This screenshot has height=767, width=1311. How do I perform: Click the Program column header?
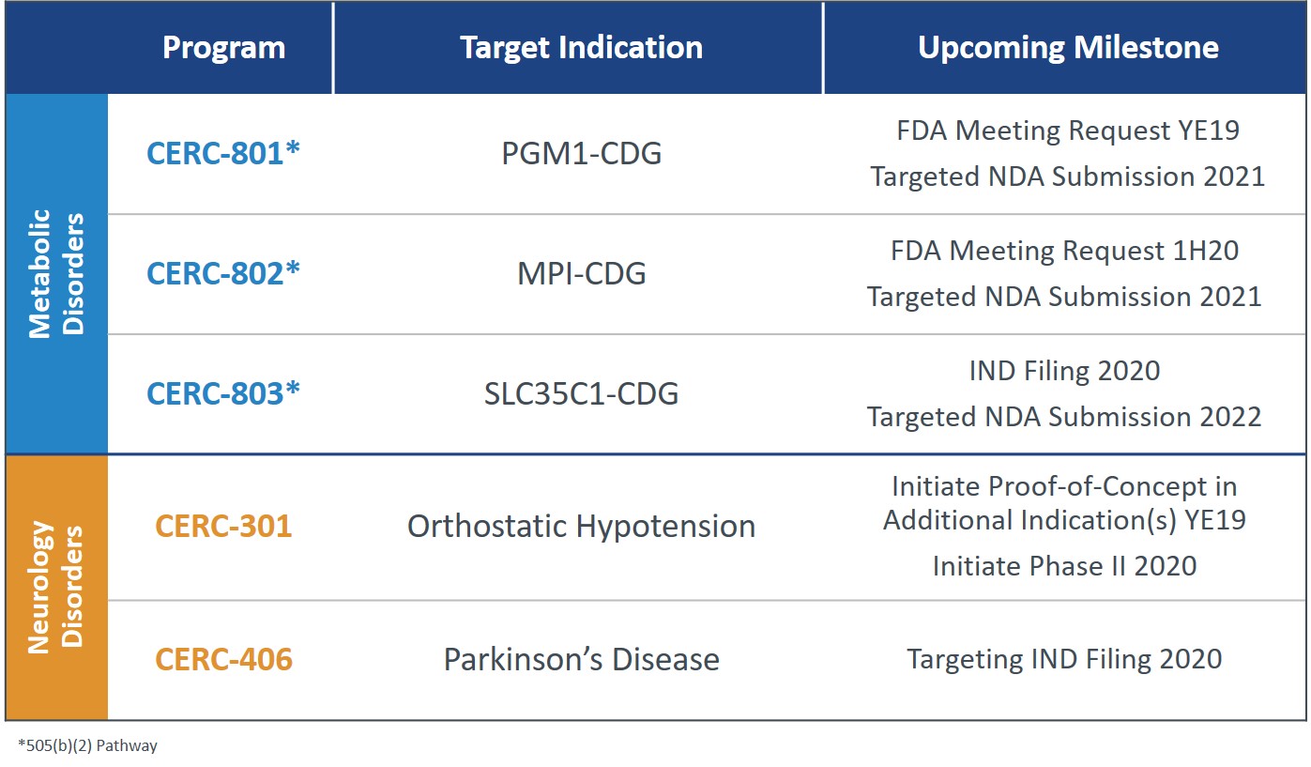[x=223, y=48]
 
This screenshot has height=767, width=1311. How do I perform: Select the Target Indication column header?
[x=581, y=48]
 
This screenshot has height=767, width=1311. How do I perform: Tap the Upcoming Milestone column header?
[x=1068, y=48]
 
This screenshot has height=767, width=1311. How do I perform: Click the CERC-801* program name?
[x=223, y=153]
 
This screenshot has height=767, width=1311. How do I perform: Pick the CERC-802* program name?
[x=223, y=273]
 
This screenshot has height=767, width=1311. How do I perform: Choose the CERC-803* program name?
[x=223, y=393]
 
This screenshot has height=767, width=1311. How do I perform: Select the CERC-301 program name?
[x=223, y=526]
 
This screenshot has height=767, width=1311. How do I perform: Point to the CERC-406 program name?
[x=223, y=659]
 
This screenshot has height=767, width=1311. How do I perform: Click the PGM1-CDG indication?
[x=581, y=153]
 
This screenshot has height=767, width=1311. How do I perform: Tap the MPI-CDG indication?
[x=581, y=273]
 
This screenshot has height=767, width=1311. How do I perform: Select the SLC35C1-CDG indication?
[x=581, y=393]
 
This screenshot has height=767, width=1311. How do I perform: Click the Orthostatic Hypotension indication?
[x=581, y=526]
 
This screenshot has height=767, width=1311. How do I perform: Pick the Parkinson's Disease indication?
[x=581, y=659]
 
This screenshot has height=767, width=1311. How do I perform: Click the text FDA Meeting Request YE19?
[x=1067, y=130]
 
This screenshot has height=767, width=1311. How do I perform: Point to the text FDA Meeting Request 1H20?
[x=1064, y=251]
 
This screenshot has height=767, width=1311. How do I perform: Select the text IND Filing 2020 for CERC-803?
[x=1064, y=371]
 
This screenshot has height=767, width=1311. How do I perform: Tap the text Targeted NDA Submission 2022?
[x=1064, y=416]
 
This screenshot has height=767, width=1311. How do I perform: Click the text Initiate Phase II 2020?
[x=1064, y=566]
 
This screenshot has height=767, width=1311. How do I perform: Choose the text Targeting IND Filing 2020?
[x=1064, y=659]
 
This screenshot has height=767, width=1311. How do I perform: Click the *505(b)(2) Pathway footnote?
[x=87, y=745]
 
